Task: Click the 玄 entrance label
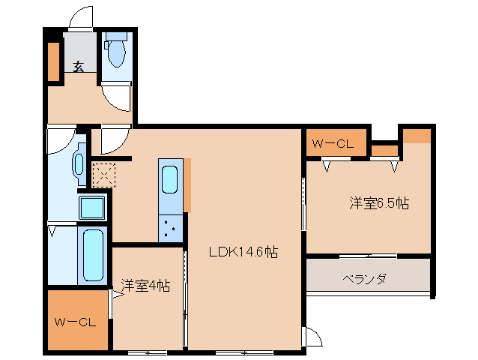(78, 66)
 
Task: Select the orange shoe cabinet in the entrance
(54, 62)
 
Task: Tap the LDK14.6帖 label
(243, 253)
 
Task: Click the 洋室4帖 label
(145, 285)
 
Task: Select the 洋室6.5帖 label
(378, 202)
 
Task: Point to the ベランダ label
(365, 279)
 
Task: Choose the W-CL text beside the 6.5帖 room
(332, 143)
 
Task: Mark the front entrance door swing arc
(79, 19)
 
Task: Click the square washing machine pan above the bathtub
(93, 207)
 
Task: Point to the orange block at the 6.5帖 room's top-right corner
(417, 136)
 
